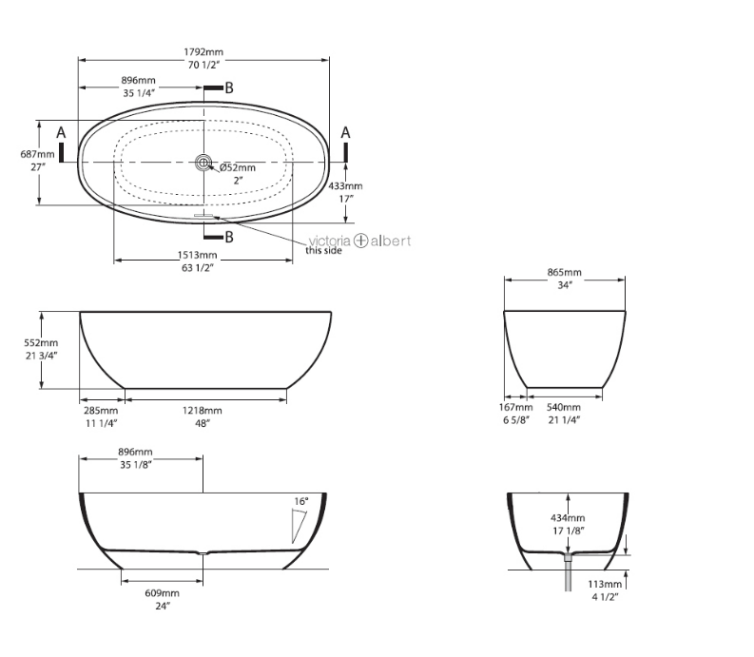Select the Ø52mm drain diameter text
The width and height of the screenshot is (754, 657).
238,167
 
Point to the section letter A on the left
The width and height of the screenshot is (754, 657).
61,131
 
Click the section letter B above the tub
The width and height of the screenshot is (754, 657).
228,87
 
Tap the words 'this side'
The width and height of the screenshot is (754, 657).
323,251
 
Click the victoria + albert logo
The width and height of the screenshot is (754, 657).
359,241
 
